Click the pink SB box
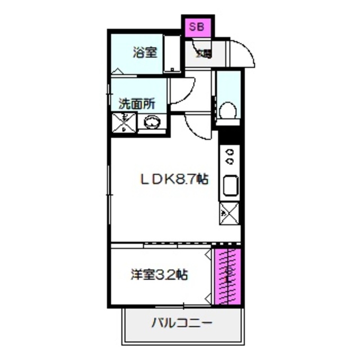(x=196, y=26)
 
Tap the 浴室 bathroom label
(x=145, y=53)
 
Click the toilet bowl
(x=228, y=110)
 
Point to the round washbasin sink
(x=152, y=122)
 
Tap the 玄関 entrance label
(x=203, y=54)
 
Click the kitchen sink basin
(x=231, y=185)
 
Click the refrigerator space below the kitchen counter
(x=230, y=213)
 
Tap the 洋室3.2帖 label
(x=159, y=275)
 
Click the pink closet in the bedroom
(x=228, y=276)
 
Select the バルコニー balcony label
(x=181, y=323)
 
